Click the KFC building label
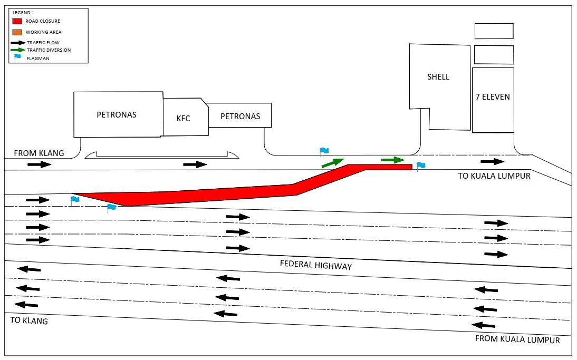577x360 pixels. tap(183, 118)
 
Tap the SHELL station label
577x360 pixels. tap(438, 77)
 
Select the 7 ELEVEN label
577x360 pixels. tap(493, 98)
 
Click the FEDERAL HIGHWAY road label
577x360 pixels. tap(315, 265)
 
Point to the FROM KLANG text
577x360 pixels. tap(39, 153)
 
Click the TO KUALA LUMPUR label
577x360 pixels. tap(494, 176)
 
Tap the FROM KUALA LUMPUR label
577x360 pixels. tap(517, 339)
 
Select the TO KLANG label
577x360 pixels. tap(29, 320)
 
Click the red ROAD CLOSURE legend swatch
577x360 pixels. tap(17, 22)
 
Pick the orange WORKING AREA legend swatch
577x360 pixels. tap(17, 32)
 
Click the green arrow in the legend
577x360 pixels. tap(17, 50)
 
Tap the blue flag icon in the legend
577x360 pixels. tap(17, 57)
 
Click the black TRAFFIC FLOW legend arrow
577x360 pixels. tap(17, 42)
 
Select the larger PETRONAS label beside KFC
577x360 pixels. tap(117, 114)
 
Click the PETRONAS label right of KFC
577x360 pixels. tap(240, 116)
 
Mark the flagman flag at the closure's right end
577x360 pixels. tap(420, 167)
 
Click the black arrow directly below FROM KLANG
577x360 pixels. tap(40, 164)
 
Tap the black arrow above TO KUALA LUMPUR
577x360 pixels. tap(492, 161)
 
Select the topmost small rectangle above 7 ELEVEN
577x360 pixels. tap(494, 31)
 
